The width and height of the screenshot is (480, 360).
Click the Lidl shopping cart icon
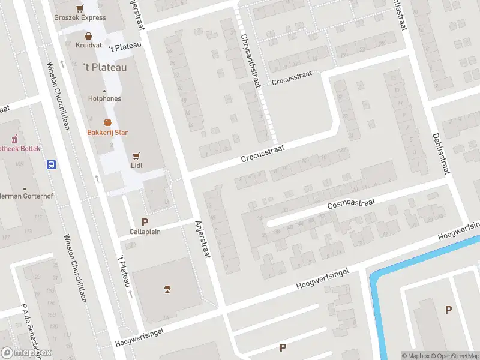[136, 154]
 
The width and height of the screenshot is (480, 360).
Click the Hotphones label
[104, 98]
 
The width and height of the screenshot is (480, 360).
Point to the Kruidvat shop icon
[88, 35]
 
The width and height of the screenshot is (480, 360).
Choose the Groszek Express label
[80, 18]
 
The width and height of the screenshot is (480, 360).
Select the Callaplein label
[145, 232]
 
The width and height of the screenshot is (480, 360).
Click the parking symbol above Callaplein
[145, 222]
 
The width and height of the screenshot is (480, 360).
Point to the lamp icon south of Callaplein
[167, 290]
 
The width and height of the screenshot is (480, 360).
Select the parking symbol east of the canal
[448, 310]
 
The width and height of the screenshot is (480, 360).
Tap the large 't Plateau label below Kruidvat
[104, 68]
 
